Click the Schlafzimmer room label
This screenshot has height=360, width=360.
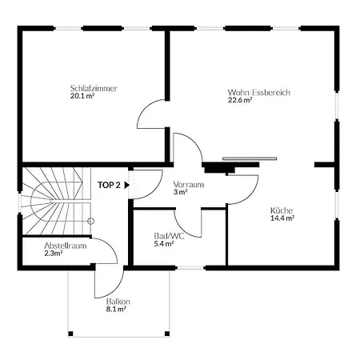(x=94, y=88)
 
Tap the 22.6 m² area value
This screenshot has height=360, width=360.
(x=240, y=100)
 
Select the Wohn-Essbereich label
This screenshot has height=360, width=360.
(x=259, y=92)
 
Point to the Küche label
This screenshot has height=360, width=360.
(x=282, y=210)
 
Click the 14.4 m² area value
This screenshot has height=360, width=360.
(x=282, y=218)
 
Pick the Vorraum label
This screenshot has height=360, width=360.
(x=189, y=184)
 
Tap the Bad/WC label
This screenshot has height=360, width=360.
(x=169, y=236)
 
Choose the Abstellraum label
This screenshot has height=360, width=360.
(x=66, y=246)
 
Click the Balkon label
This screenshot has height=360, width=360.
(x=118, y=302)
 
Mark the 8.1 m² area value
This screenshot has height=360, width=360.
(x=116, y=309)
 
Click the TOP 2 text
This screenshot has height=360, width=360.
(x=109, y=185)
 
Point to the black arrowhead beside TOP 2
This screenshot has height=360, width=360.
(x=127, y=185)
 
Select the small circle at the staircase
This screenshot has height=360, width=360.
(x=91, y=221)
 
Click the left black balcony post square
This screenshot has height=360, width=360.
(x=70, y=334)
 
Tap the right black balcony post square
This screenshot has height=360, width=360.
(x=167, y=334)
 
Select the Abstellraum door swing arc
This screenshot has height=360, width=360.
(x=110, y=246)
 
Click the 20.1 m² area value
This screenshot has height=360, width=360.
(x=82, y=96)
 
